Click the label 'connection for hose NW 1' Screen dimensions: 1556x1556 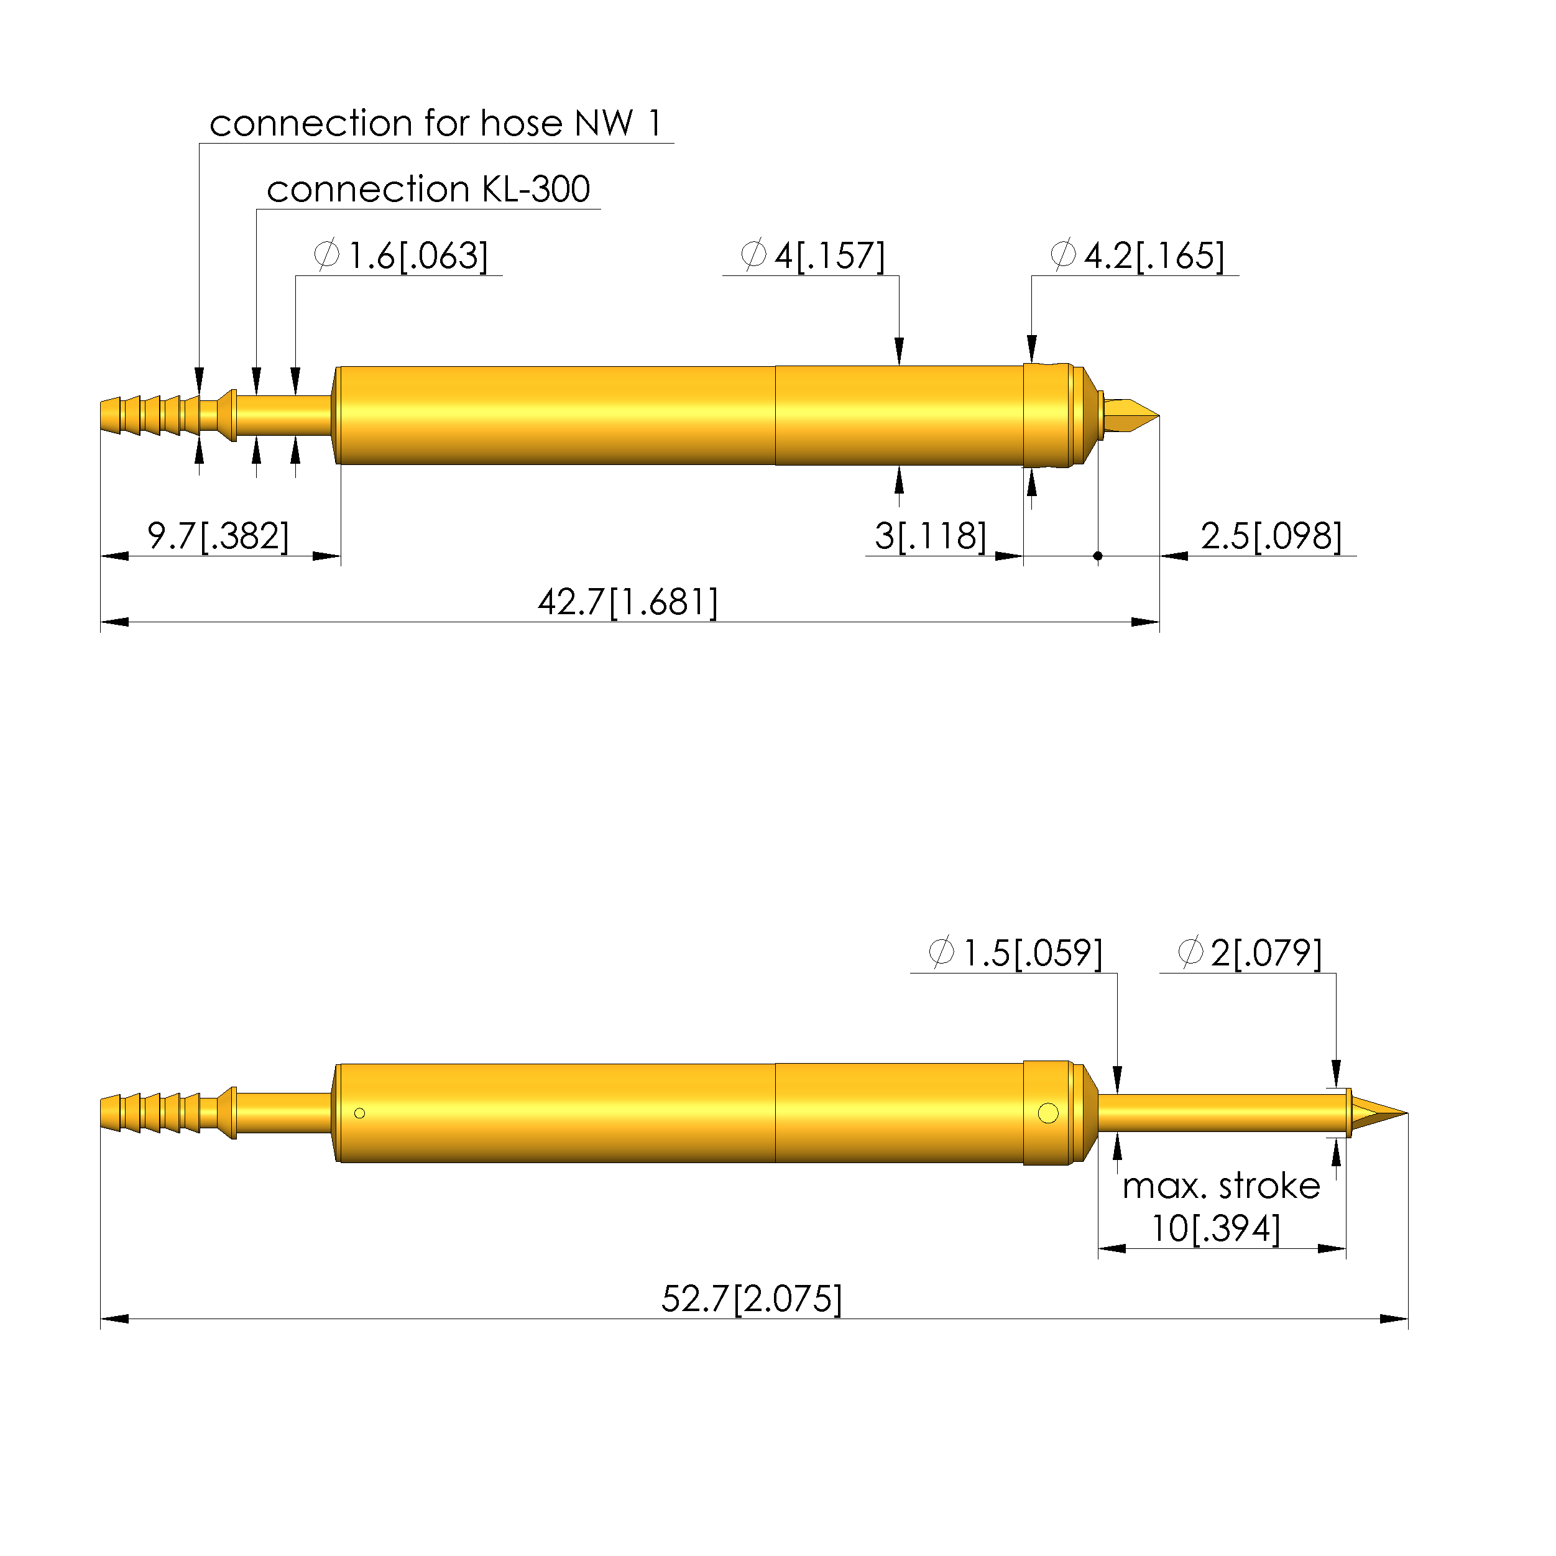[436, 123]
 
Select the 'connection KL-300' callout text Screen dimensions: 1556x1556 [428, 189]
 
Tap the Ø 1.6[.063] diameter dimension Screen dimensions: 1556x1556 [401, 256]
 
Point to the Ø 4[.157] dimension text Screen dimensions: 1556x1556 [813, 256]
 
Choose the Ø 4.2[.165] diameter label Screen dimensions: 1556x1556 [1137, 256]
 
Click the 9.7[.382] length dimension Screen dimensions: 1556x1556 [218, 536]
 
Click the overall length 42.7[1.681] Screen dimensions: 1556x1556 [628, 602]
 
